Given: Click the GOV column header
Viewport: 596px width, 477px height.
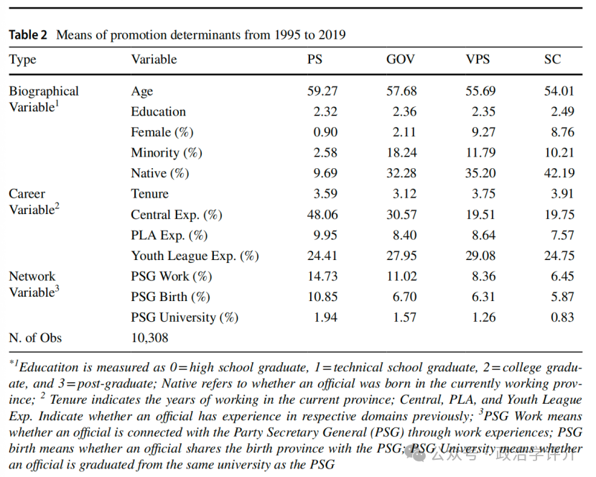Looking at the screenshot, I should pos(401,59).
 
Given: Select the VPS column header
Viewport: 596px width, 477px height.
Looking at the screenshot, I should pos(477,59).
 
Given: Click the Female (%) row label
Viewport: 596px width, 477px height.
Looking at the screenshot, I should pos(162,132).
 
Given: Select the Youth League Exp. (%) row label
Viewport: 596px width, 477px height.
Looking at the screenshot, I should pos(195,256).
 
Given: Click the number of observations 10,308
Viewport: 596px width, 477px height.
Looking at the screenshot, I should pos(149,338).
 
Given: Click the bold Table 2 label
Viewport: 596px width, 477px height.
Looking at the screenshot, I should pos(29,34).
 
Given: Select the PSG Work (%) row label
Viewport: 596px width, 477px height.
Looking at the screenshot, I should pos(170,276).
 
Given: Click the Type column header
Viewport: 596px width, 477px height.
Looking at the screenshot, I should pos(22,59).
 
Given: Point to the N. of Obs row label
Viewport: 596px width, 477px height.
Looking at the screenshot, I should pos(35,338).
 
